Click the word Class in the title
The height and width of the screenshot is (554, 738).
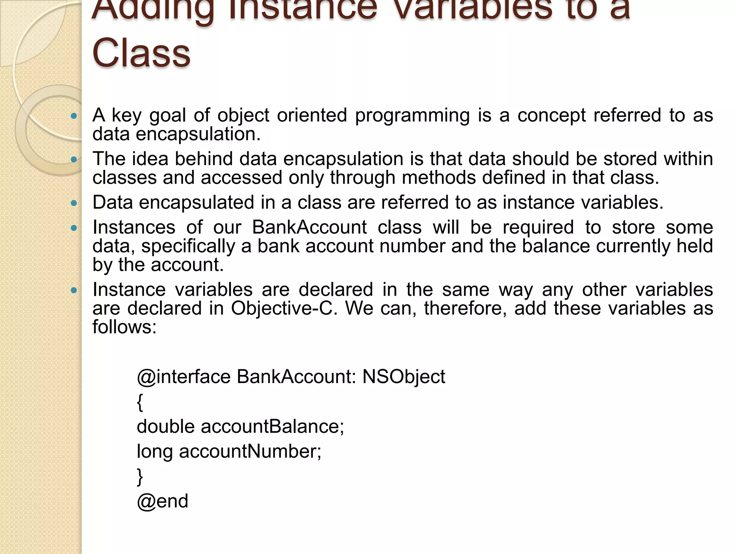point(141,53)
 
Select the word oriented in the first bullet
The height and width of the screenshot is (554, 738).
point(312,115)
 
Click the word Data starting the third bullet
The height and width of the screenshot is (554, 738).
point(113,202)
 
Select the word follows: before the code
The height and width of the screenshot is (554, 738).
point(125,327)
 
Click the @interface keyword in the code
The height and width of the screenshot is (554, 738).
point(183,377)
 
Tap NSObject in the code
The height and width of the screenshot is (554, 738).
point(404,377)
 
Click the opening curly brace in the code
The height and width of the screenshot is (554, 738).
point(140,402)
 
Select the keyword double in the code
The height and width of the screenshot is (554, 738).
point(166,426)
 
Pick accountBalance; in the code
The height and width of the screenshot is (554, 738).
point(272,426)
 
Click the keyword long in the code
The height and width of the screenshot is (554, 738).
point(155,452)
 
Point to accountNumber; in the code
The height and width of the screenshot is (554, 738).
point(250,451)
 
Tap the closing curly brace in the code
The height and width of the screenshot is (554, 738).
point(140,477)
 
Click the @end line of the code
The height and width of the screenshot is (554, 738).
point(163,501)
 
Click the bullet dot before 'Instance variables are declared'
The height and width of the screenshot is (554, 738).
point(74,290)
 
